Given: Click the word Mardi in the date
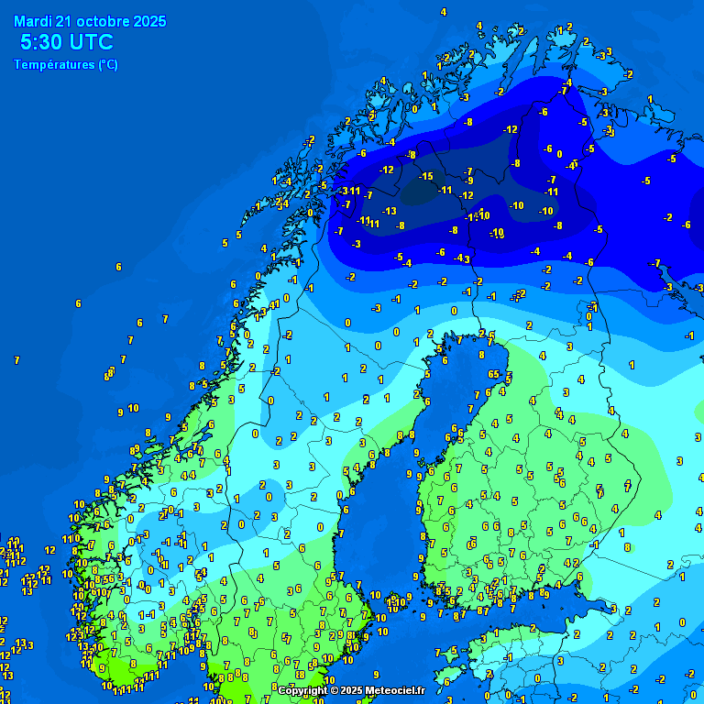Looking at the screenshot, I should pos(33,21).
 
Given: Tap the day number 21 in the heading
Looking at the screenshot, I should pos(64,21).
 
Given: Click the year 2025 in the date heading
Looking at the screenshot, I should pos(148,21).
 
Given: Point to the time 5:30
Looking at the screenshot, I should pos(41,42).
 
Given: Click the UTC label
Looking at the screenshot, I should pos(92,42).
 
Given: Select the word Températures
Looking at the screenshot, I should pos(53,65).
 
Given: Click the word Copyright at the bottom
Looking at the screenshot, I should pos(302,690).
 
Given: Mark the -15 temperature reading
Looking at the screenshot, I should pos(426,176).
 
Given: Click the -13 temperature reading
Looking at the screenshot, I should pos(390,211).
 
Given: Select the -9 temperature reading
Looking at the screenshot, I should pos(468,181).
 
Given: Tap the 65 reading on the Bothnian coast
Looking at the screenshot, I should pos(493,374).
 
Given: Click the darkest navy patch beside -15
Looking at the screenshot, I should pos(420,191).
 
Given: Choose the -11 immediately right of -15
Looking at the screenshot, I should pos(445,190).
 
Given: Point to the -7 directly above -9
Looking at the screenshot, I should pos(468,171).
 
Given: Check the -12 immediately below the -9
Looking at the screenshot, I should pos(466,195).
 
